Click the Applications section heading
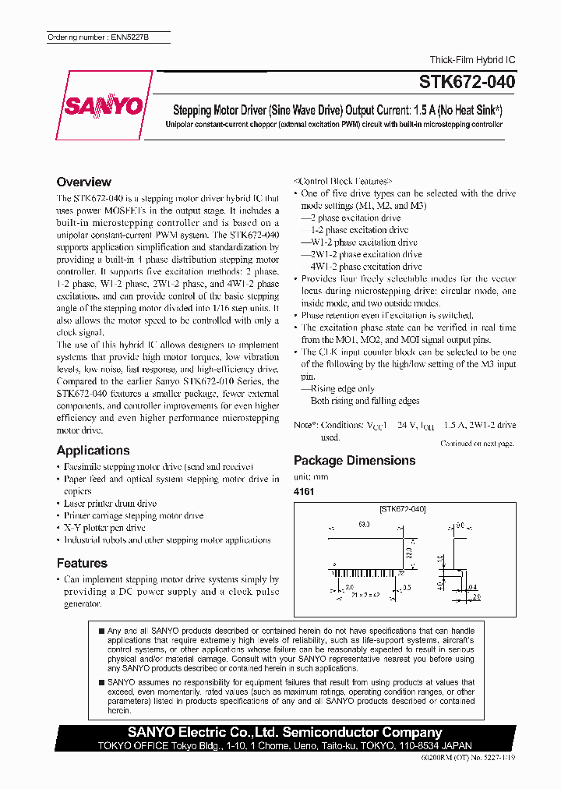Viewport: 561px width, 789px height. coord(93,450)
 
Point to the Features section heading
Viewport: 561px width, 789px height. coord(82,563)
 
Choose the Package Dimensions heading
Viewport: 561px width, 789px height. coord(354,460)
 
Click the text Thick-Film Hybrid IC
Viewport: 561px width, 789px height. coord(472,60)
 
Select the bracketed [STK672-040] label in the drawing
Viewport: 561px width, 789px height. coord(402,509)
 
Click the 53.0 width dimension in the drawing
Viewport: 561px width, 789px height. coord(364,525)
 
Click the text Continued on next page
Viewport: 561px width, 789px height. coord(477,444)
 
